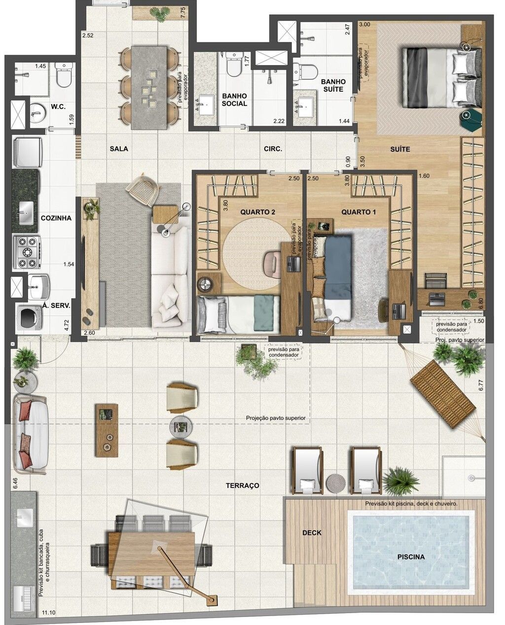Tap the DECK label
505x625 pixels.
click(x=312, y=532)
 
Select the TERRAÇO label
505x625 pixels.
click(x=243, y=486)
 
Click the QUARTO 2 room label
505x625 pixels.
click(x=257, y=212)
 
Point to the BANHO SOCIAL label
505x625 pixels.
click(x=234, y=100)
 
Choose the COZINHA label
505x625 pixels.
click(x=56, y=218)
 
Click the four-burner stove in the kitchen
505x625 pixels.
click(x=26, y=252)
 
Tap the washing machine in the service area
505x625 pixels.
click(x=30, y=318)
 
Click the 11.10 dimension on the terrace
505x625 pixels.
click(x=49, y=610)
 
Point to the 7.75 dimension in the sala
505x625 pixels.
click(x=183, y=13)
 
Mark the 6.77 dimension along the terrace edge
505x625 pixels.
click(x=481, y=385)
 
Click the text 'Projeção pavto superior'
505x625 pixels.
click(x=276, y=418)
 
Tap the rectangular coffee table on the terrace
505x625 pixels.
click(x=107, y=430)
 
